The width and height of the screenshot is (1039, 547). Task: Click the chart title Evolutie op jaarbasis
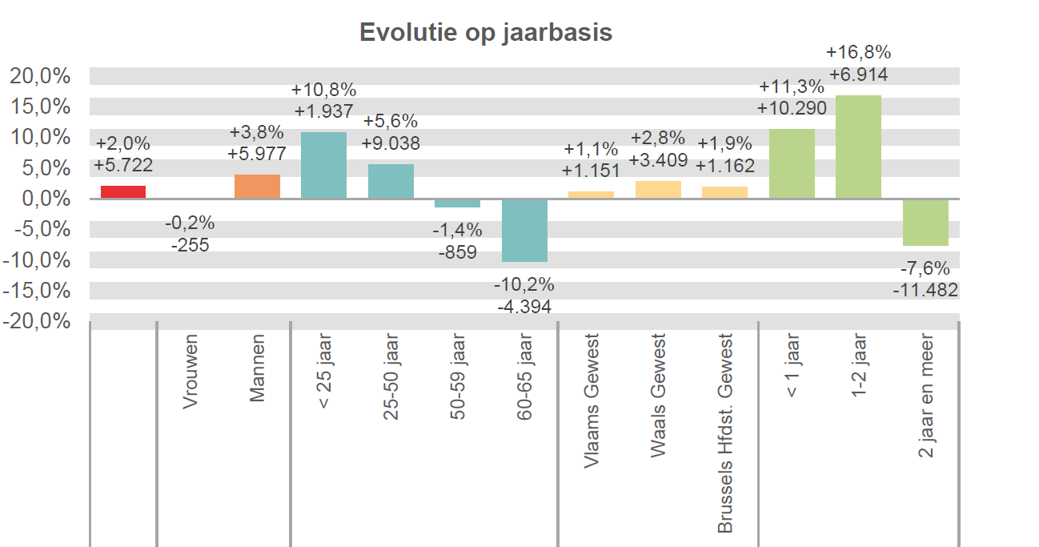point(485,33)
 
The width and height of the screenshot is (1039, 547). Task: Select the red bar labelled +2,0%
point(122,192)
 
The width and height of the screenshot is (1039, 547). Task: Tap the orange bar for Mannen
point(257,187)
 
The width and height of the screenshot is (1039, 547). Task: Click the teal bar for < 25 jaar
point(323,166)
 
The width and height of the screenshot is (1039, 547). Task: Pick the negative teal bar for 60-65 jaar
point(524,230)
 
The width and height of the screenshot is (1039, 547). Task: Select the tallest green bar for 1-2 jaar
point(858,147)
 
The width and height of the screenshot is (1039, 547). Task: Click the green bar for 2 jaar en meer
point(925,222)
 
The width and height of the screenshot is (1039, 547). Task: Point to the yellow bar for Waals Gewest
point(658,190)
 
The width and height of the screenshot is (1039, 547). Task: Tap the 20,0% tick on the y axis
point(40,76)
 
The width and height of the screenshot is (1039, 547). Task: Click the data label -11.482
point(925,290)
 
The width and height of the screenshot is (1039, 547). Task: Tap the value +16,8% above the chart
point(858,53)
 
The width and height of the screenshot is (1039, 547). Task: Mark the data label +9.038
point(391,144)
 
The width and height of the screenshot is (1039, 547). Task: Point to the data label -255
point(190,245)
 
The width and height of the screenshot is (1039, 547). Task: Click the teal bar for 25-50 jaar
point(391,182)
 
